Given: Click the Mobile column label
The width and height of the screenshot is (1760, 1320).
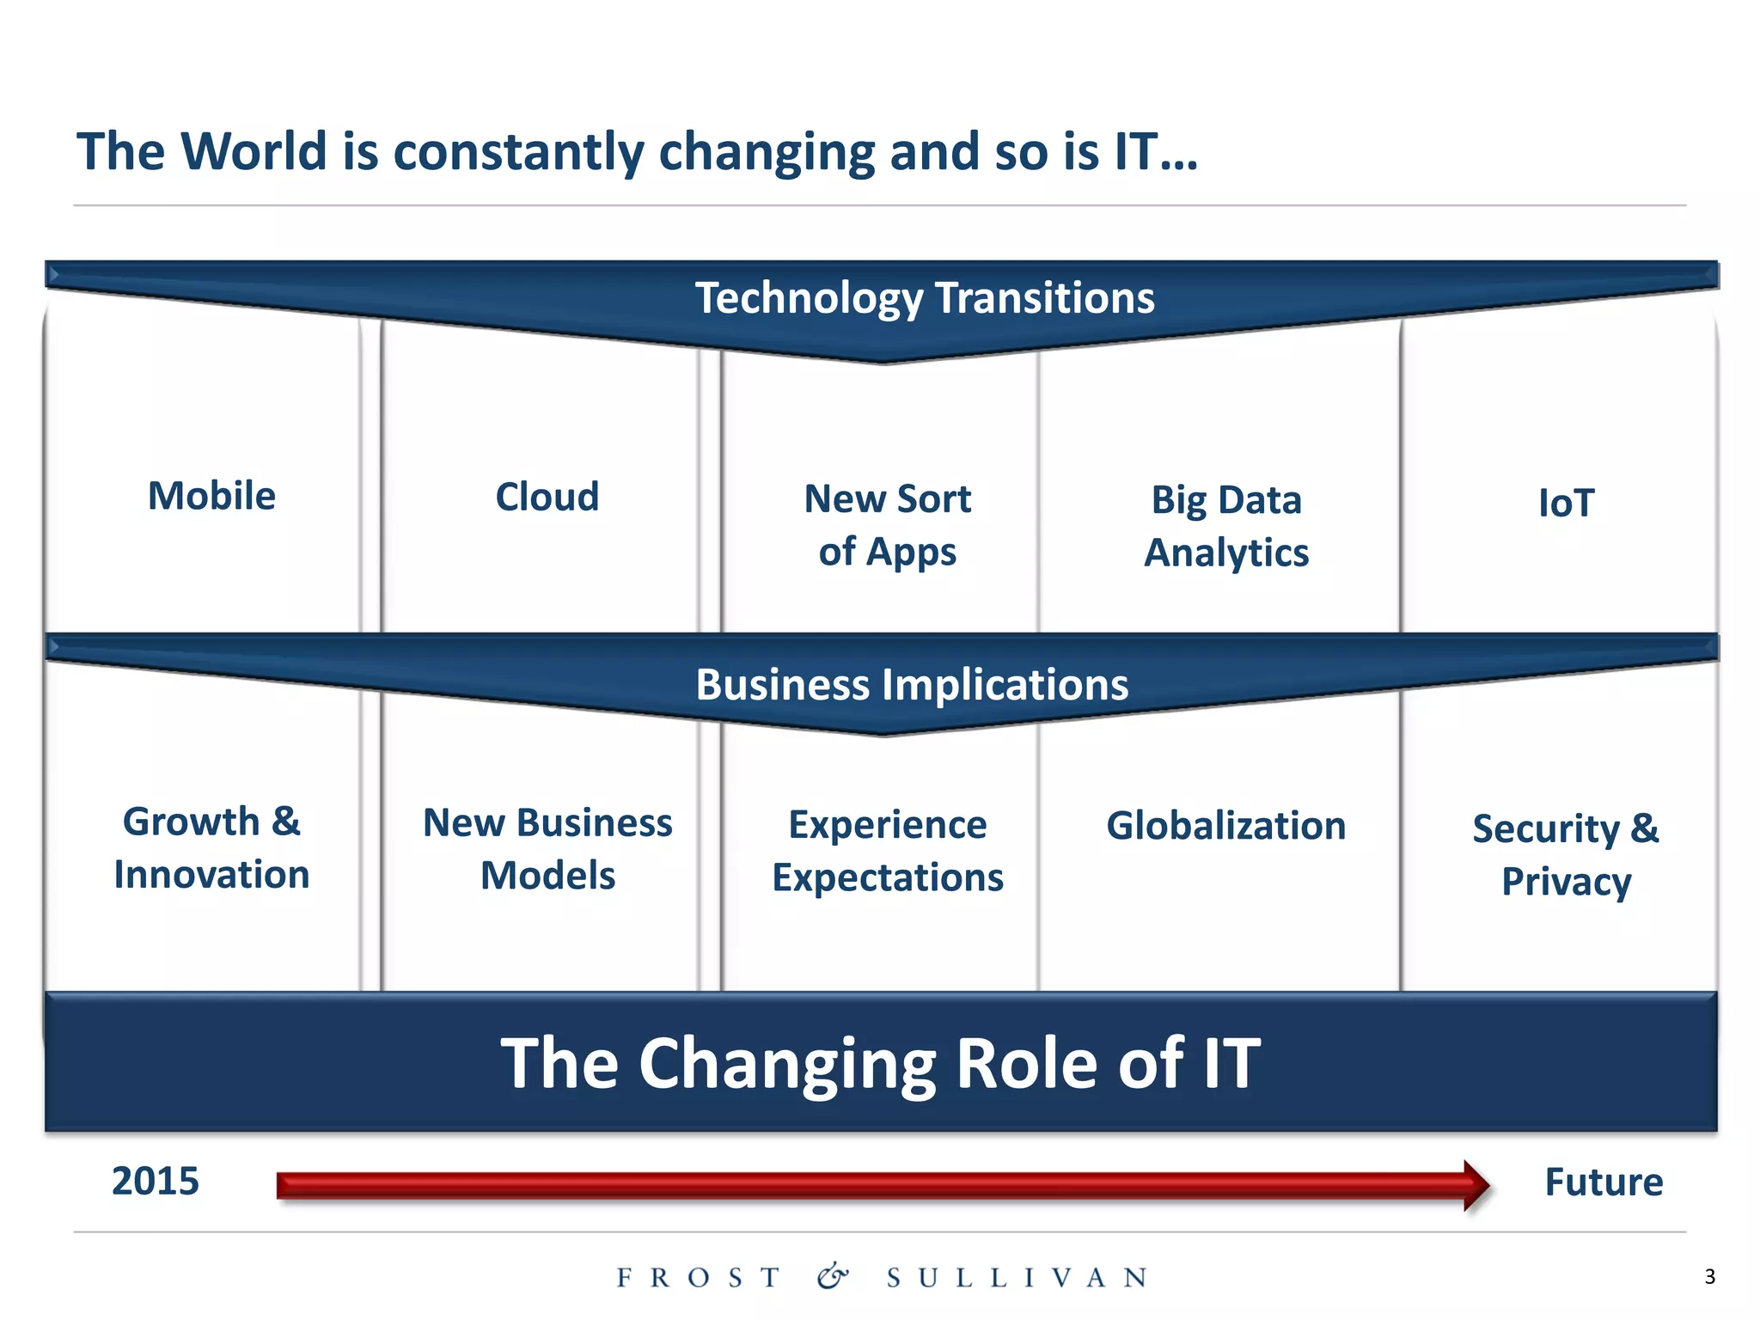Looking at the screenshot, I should (211, 496).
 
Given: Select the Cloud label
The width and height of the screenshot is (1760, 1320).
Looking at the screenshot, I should (547, 497).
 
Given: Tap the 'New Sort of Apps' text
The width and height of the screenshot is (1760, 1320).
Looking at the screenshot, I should (887, 524).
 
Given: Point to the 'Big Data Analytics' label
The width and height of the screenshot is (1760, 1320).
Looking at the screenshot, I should (1226, 526).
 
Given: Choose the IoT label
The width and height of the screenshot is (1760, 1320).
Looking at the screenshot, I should (1566, 503).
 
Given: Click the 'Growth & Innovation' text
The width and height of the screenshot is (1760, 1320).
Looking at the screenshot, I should (211, 848).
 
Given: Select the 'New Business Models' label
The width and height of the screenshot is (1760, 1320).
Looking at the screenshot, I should (547, 849).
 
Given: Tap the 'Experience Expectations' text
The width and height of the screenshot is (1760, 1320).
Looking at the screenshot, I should (887, 851).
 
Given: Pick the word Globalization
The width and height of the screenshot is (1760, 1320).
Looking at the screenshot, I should (1225, 826).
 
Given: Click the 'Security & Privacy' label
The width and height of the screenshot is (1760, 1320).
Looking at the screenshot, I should (1566, 855).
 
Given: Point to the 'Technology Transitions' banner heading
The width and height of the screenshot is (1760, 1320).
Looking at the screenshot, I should (924, 298).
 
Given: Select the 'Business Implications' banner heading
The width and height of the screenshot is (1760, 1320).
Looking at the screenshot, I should (911, 685).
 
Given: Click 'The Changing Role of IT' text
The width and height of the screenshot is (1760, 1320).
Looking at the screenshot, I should (880, 1063).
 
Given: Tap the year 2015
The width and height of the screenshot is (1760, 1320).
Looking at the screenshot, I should (156, 1182).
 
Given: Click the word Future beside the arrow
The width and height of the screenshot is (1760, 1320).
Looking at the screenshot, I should (1604, 1182).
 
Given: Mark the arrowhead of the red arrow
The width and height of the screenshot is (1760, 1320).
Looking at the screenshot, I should (1476, 1186).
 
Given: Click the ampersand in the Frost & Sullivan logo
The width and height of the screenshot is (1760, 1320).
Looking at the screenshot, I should (832, 1276).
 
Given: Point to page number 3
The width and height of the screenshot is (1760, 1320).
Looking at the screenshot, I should (1709, 1277).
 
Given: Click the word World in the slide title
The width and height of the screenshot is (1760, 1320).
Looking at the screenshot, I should (254, 152).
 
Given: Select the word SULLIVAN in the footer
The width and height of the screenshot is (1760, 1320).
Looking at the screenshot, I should (1017, 1278).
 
